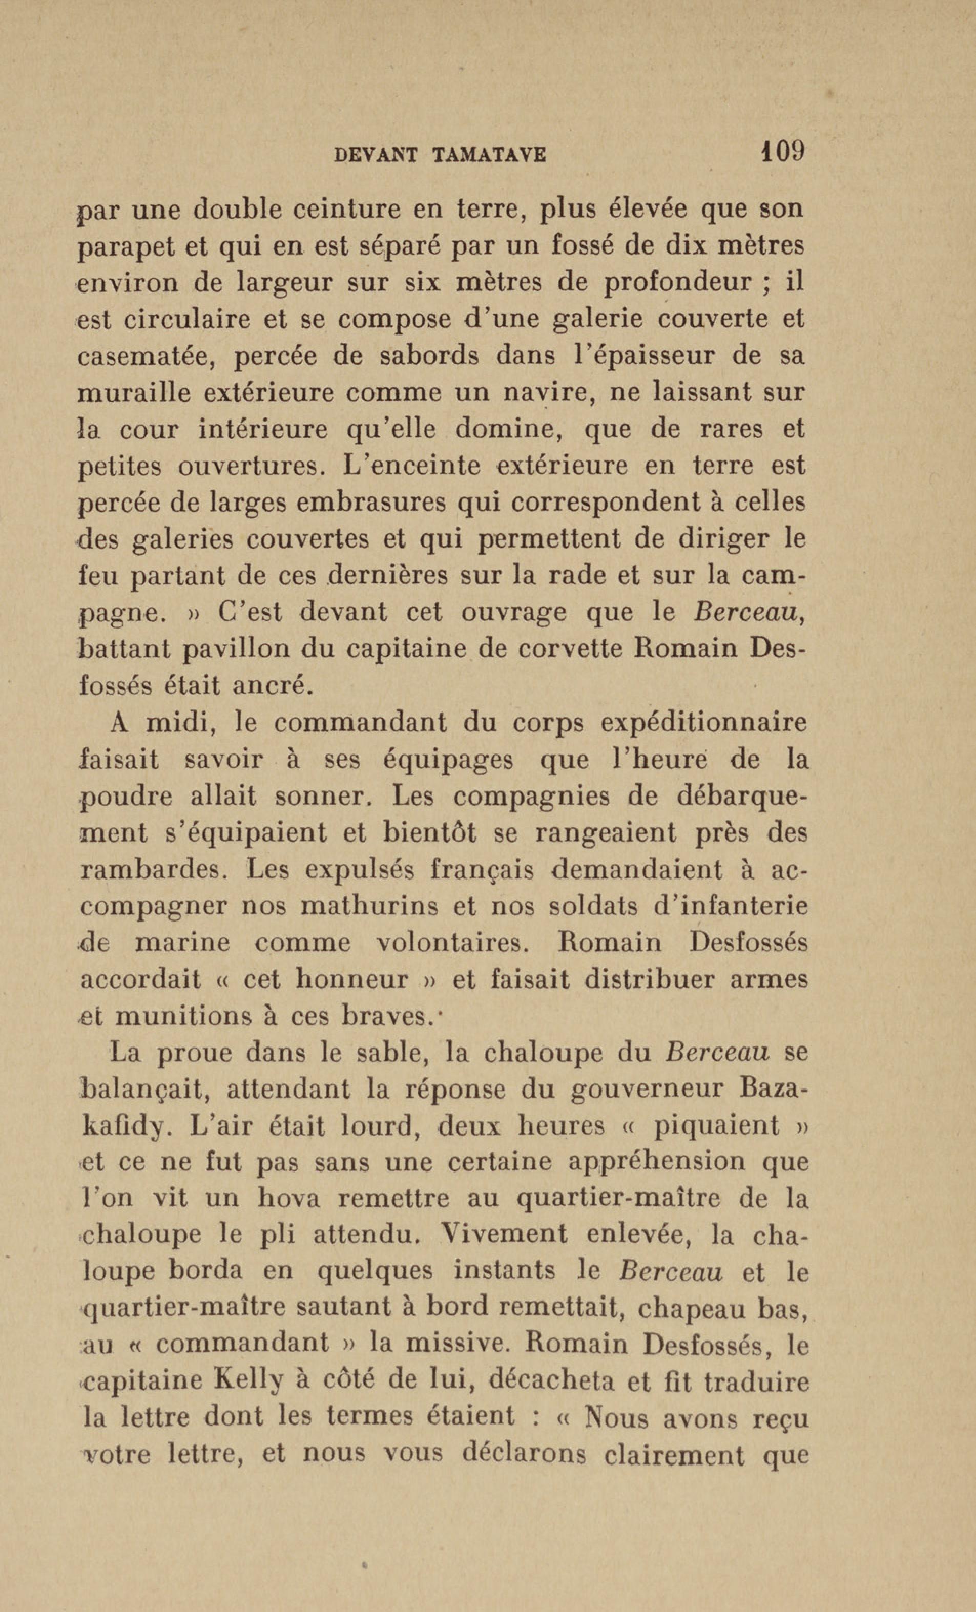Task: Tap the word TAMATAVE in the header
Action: pyautogui.click(x=489, y=155)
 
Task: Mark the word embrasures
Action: pyautogui.click(x=360, y=504)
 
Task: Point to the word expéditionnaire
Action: pyautogui.click(x=704, y=724)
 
